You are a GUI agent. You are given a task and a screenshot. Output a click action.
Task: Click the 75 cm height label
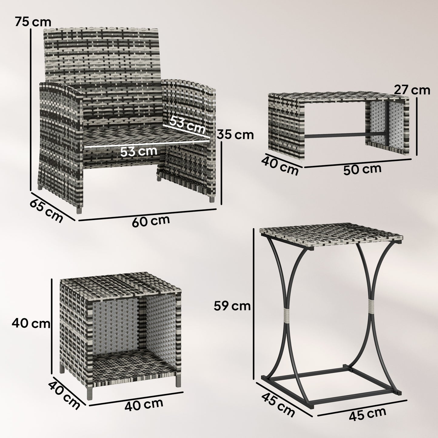click(x=29, y=22)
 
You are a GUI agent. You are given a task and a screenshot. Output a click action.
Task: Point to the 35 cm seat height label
click(x=236, y=135)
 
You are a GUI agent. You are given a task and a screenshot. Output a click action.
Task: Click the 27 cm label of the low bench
click(x=412, y=90)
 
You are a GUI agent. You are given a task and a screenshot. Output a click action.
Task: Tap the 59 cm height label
click(x=232, y=306)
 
